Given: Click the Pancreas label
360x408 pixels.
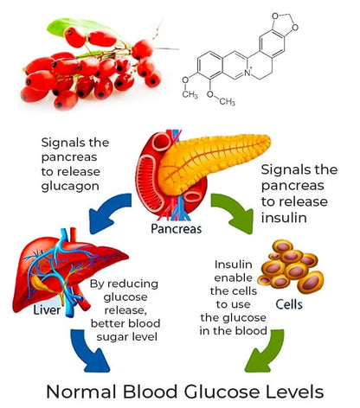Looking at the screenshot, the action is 177,229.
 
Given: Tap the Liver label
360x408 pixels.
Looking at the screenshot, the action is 47,310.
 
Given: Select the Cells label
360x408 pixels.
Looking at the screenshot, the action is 289,304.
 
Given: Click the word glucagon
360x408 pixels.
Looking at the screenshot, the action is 70,187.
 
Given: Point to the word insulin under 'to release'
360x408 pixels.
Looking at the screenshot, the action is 284,217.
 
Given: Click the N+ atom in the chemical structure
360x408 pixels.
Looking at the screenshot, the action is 247,73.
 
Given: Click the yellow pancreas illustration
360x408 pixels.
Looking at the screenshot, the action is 210,162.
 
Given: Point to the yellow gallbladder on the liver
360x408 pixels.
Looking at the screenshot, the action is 41,283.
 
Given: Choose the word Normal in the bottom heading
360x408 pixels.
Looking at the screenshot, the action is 81,392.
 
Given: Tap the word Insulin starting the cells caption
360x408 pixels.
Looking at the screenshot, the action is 233,265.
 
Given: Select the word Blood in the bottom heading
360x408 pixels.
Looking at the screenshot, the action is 150,392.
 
